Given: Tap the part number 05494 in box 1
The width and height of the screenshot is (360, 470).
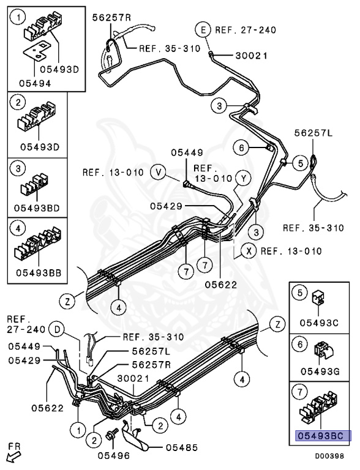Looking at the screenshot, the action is (35, 83).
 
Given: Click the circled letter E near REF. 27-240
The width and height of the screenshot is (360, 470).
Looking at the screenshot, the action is (204, 29).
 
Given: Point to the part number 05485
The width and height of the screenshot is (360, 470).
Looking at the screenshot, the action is (182, 448).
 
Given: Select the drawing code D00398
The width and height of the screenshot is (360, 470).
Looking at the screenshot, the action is (329, 456).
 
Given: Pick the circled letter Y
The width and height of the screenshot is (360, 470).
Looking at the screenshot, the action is (243, 179).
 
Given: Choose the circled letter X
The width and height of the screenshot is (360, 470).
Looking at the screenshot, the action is (249, 251).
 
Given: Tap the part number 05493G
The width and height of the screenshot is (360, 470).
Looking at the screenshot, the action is (320, 371).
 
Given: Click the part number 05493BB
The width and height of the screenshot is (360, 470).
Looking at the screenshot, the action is (39, 272).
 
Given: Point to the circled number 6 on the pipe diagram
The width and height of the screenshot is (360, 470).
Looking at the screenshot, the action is (241, 147).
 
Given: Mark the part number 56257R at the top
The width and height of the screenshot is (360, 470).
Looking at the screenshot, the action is (111, 17).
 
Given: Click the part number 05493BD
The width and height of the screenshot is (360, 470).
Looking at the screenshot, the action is (37, 207).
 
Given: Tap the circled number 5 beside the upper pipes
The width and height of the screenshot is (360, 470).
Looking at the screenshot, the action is (301, 163).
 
